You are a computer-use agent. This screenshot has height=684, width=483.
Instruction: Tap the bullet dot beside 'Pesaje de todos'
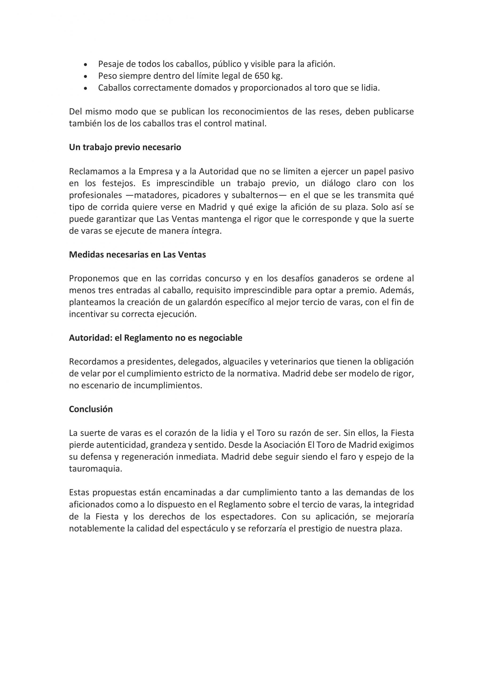tap(86, 65)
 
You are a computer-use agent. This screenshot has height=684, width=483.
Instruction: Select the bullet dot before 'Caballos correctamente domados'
tap(86, 88)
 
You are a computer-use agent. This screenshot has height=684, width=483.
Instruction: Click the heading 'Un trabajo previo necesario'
tap(125, 147)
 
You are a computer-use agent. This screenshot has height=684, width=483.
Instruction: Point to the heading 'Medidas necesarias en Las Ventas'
tap(137, 255)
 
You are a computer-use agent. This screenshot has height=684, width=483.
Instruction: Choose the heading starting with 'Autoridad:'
tap(155, 338)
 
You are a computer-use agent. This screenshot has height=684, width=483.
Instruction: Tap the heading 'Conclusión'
tap(91, 409)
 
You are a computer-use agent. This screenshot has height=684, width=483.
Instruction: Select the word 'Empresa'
tap(156, 171)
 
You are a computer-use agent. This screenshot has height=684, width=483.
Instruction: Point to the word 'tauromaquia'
tap(95, 469)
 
